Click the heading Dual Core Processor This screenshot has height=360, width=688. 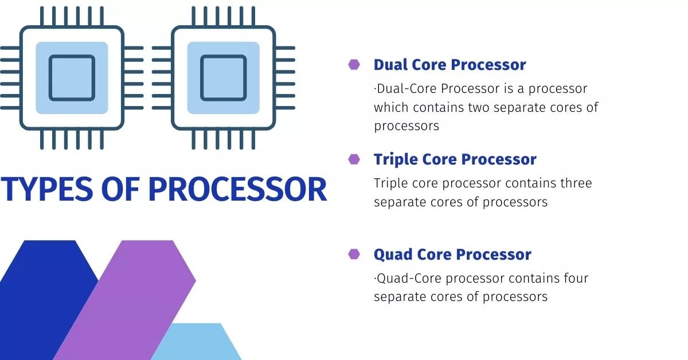pyautogui.click(x=449, y=65)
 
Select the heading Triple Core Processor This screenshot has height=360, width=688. pyautogui.click(x=455, y=159)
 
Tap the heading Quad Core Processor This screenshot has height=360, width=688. pyautogui.click(x=452, y=254)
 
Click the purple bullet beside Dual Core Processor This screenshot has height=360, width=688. pyautogui.click(x=354, y=65)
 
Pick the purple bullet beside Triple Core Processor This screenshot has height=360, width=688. pyautogui.click(x=354, y=159)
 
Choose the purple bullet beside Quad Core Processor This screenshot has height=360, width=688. pyautogui.click(x=354, y=254)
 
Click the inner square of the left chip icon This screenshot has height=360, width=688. pyautogui.click(x=72, y=78)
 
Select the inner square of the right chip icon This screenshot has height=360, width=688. pyautogui.click(x=223, y=78)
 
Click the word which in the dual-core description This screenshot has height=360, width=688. pyautogui.click(x=390, y=107)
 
